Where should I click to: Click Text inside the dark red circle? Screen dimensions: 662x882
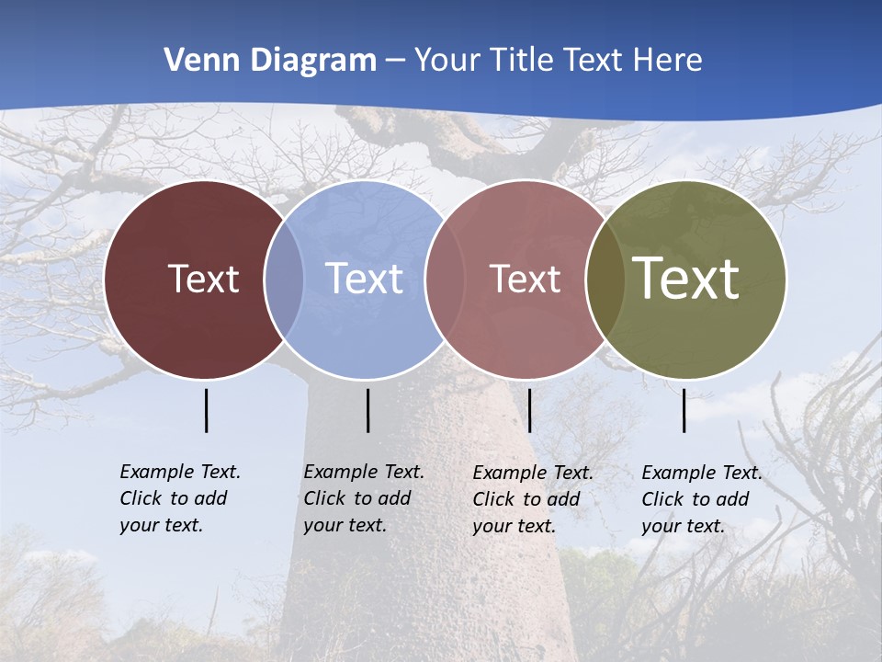point(203,279)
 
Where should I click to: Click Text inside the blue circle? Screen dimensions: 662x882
point(364,279)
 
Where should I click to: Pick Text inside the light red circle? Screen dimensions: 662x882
point(525,279)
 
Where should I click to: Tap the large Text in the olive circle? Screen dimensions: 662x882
point(685,279)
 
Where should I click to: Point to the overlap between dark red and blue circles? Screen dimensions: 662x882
point(284,280)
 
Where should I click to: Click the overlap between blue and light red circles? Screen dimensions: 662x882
point(444,280)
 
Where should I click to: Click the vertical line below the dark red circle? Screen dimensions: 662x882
point(207,410)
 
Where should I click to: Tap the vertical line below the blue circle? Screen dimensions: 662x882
point(367,410)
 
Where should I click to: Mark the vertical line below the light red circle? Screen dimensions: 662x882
point(529,410)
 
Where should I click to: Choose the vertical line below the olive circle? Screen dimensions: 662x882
point(684,410)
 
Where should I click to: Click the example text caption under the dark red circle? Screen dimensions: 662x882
point(180,498)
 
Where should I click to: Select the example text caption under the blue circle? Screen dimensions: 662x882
point(364,498)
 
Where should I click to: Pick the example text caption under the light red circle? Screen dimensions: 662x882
point(533,499)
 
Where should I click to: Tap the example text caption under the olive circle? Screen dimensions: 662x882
point(702,499)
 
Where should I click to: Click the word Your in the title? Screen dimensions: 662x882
point(447,61)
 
